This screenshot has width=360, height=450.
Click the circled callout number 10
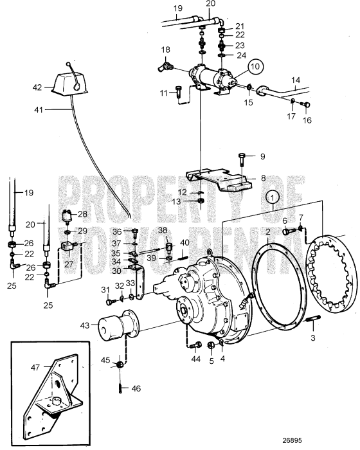pyautogui.click(x=256, y=66)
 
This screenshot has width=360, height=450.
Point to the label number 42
pyautogui.click(x=37, y=85)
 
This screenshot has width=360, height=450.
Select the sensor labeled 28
pyautogui.click(x=67, y=215)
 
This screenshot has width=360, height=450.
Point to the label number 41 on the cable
pyautogui.click(x=37, y=111)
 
